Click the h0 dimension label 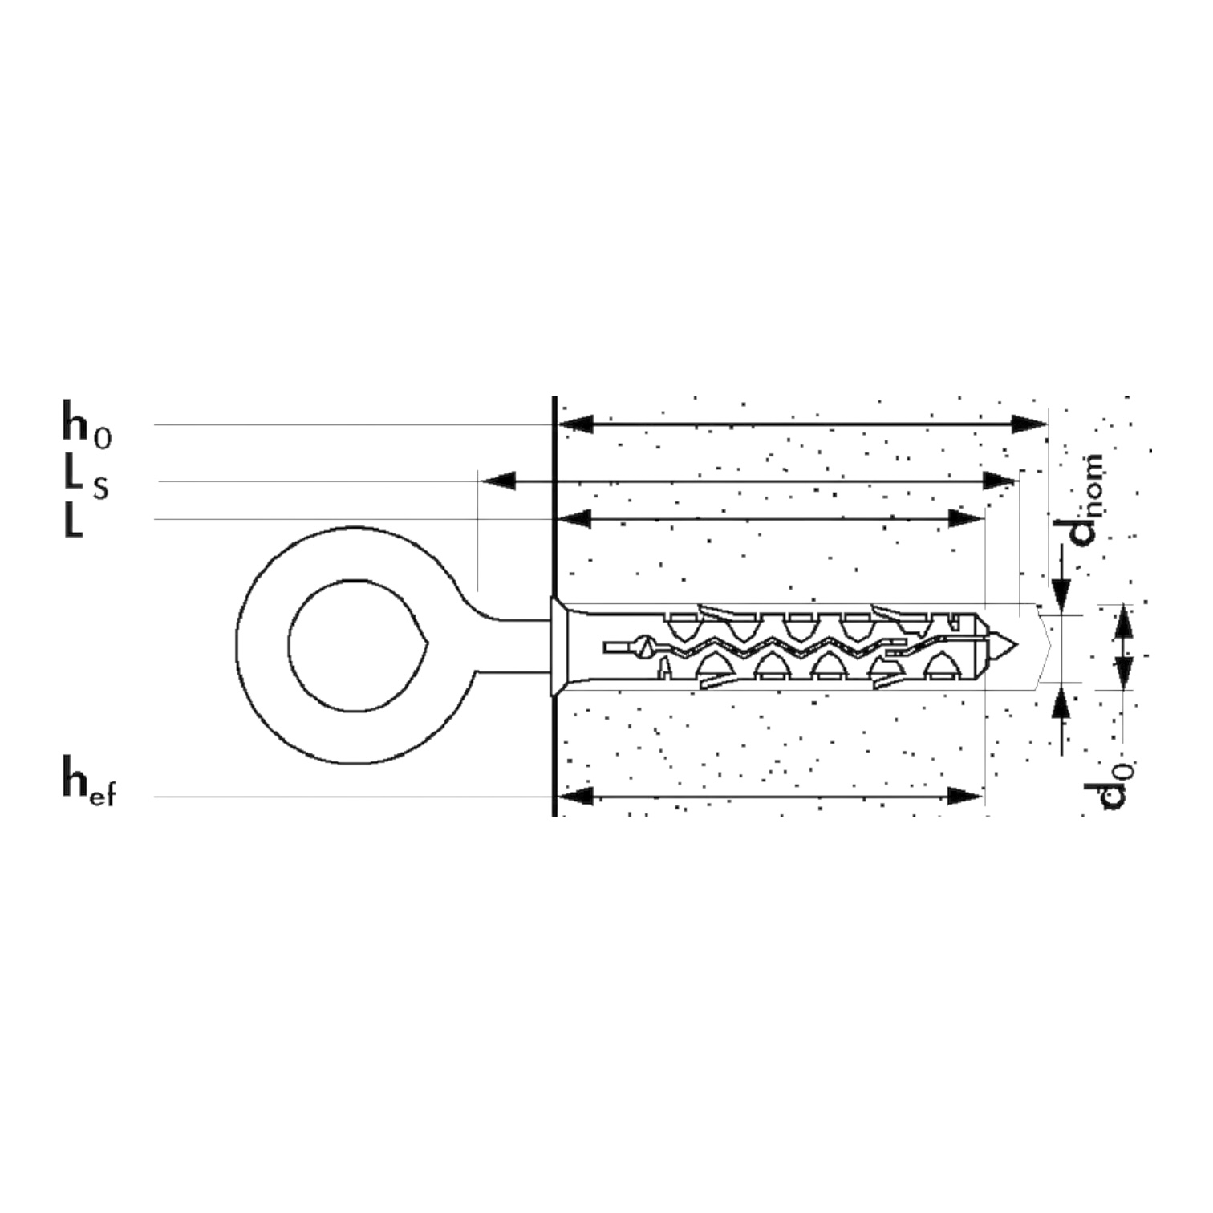[x=87, y=424]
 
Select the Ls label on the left [x=86, y=481]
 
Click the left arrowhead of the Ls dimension [x=497, y=481]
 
